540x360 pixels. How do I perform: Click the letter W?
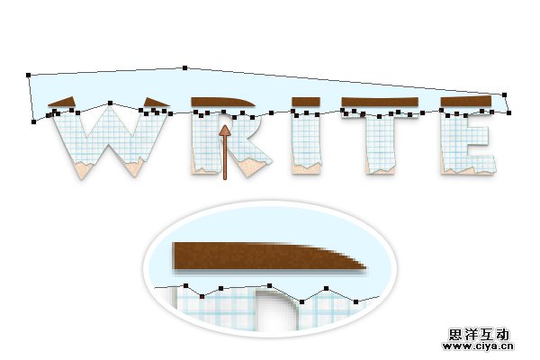point(109,142)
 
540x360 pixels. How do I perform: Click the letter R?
point(230,144)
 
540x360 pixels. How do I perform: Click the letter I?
point(306,143)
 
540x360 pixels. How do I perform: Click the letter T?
point(380,143)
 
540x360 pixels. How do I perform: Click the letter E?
point(468,143)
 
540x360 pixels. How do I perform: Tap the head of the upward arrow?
point(225,130)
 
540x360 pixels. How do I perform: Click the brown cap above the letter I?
point(306,102)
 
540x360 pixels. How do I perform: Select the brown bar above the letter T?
point(380,102)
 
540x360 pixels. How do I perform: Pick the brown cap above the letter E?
point(466,101)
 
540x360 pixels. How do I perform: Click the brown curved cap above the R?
point(222,102)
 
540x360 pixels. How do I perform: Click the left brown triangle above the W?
point(62,102)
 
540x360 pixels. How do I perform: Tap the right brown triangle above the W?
point(156,102)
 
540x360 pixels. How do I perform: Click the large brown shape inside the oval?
point(268,256)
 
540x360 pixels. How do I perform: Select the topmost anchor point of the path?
point(184,67)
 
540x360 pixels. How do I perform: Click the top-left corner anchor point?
point(28,75)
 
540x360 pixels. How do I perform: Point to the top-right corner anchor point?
point(505,94)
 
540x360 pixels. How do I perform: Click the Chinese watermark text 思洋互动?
point(479,334)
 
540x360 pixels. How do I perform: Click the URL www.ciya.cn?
point(478,346)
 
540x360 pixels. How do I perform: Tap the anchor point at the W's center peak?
point(110,103)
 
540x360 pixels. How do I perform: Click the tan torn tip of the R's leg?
point(251,167)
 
